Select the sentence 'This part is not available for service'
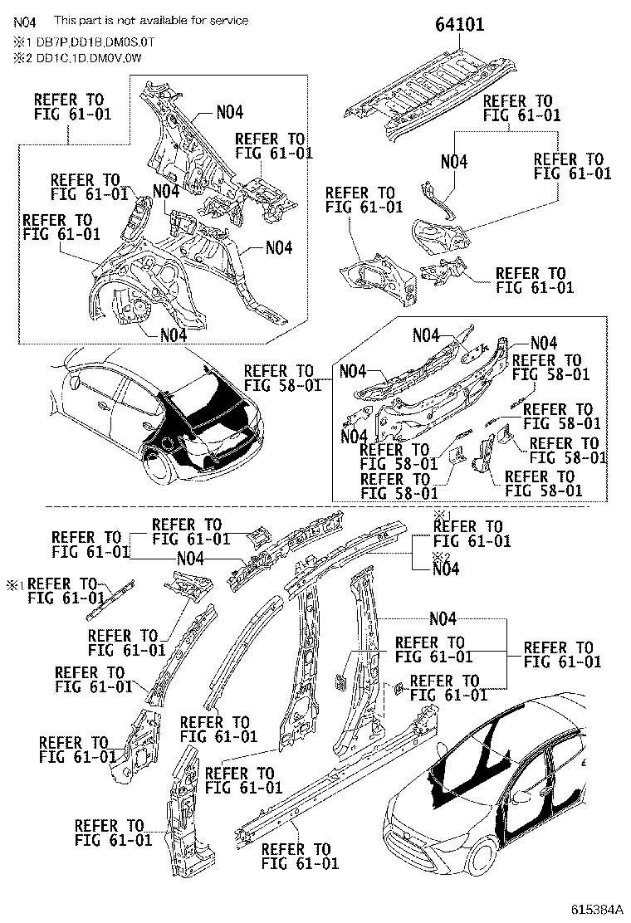tap(150, 20)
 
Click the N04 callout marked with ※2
tap(446, 569)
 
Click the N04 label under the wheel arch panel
tap(173, 335)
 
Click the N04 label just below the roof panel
tap(453, 162)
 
